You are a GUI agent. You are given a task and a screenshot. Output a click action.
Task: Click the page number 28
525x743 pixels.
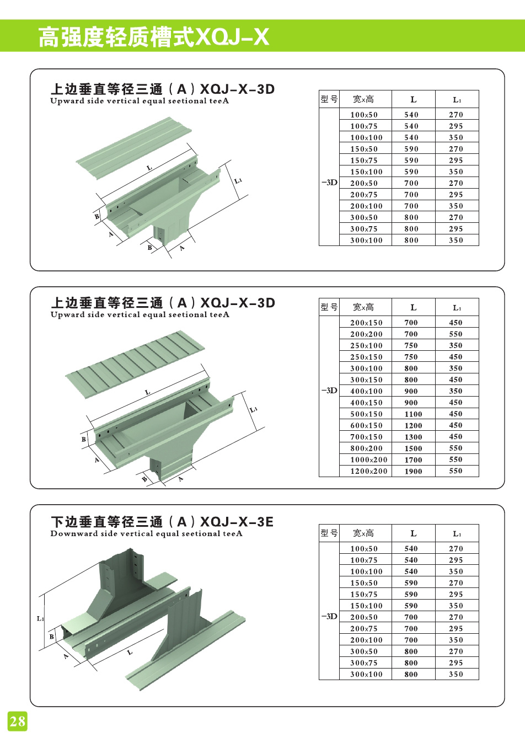pyautogui.click(x=17, y=720)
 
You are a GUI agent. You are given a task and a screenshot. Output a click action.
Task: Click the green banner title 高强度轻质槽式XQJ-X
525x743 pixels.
pyautogui.click(x=153, y=37)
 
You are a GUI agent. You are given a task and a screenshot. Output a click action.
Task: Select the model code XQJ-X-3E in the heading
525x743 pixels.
pyautogui.click(x=237, y=521)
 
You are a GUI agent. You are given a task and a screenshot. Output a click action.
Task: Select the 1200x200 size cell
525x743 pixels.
pyautogui.click(x=368, y=471)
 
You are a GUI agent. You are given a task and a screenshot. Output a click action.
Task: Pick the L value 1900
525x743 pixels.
pyautogui.click(x=413, y=471)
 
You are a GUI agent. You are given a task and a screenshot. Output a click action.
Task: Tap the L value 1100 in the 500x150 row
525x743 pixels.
pyautogui.click(x=413, y=414)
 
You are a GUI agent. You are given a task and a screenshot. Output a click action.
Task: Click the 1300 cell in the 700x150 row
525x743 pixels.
pyautogui.click(x=413, y=437)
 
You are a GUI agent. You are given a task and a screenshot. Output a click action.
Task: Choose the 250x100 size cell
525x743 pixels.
pyautogui.click(x=366, y=345)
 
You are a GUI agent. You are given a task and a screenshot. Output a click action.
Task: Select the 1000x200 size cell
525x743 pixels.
pyautogui.click(x=368, y=459)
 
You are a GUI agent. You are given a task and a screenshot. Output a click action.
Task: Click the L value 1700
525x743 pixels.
pyautogui.click(x=413, y=459)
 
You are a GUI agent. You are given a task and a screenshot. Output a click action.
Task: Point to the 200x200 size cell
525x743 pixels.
pyautogui.click(x=366, y=334)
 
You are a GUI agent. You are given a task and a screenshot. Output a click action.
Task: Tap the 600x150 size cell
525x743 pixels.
pyautogui.click(x=366, y=425)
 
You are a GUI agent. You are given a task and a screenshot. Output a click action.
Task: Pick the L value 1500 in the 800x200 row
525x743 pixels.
pyautogui.click(x=413, y=448)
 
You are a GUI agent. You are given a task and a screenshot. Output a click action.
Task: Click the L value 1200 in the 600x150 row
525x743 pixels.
pyautogui.click(x=413, y=425)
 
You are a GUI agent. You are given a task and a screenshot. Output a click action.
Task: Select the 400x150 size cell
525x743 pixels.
pyautogui.click(x=366, y=403)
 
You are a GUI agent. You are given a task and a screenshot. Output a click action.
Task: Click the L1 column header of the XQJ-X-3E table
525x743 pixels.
pyautogui.click(x=457, y=533)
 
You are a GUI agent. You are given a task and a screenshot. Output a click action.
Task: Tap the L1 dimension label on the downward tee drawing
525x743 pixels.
pyautogui.click(x=40, y=618)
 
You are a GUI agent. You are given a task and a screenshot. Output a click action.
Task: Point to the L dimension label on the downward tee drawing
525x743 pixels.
pyautogui.click(x=130, y=652)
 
